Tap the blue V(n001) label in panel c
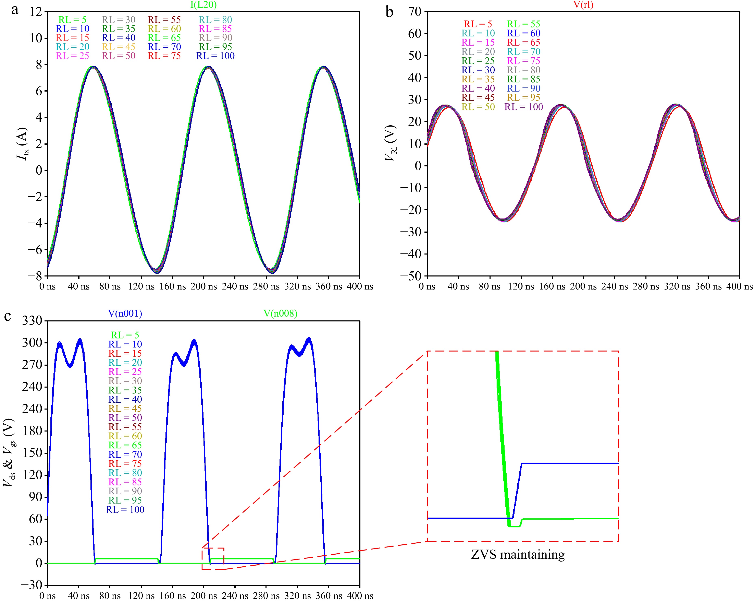125,313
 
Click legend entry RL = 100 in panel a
215,56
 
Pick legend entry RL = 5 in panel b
478,24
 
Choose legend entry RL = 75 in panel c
125,464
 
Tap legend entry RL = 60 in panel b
523,33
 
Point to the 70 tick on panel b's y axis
415,12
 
